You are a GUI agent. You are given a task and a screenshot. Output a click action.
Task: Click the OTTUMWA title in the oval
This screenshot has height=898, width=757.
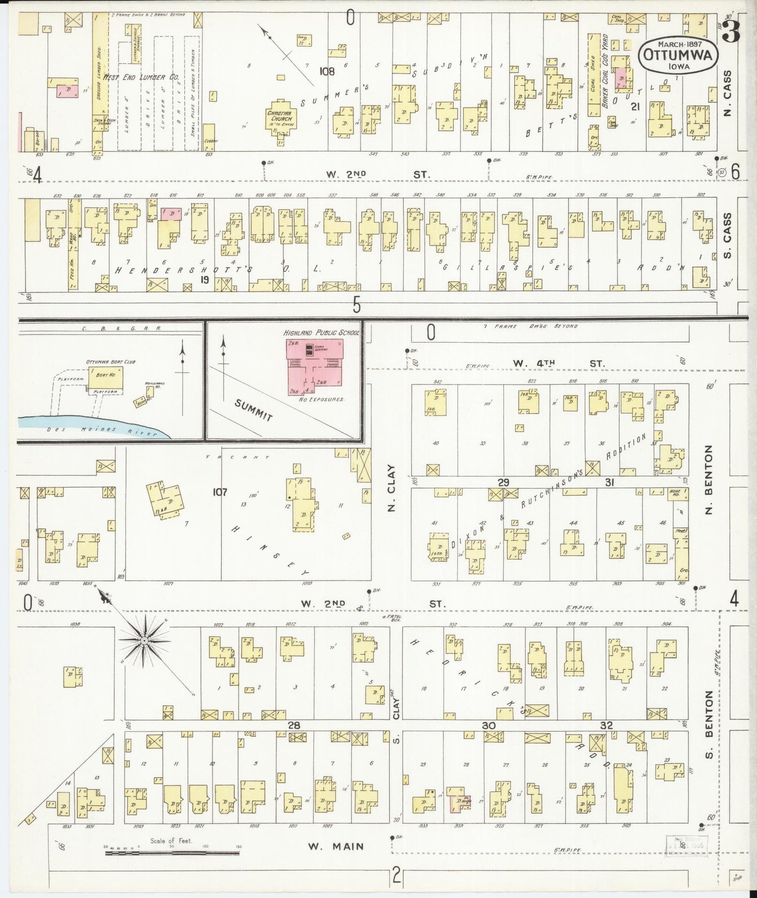click(x=677, y=56)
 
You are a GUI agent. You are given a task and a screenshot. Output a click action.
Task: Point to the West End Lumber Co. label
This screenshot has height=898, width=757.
click(x=141, y=77)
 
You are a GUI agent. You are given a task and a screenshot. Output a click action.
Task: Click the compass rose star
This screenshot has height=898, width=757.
click(x=144, y=640)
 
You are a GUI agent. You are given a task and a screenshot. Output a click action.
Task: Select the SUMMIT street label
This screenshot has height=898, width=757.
click(x=254, y=411)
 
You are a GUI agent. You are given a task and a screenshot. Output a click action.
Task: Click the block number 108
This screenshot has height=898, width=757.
click(x=327, y=71)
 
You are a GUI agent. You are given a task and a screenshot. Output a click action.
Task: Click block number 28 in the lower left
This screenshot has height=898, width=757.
click(x=293, y=725)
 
